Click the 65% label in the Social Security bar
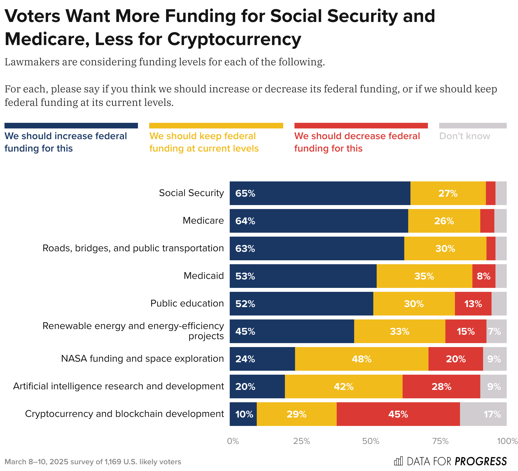pyautogui.click(x=245, y=193)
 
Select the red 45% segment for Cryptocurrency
pyautogui.click(x=398, y=414)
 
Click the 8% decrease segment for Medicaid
pyautogui.click(x=484, y=276)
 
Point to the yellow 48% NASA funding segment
pyautogui.click(x=361, y=359)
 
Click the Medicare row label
pyautogui.click(x=203, y=221)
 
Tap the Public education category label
pyautogui.click(x=187, y=303)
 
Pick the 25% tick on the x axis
pyautogui.click(x=302, y=441)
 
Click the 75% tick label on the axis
pyautogui.click(x=440, y=441)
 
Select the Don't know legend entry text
pyautogui.click(x=465, y=136)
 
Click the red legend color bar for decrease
pyautogui.click(x=361, y=126)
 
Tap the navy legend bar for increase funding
pyautogui.click(x=71, y=126)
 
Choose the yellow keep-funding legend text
pyautogui.click(x=204, y=142)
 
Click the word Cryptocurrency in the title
pyautogui.click(x=234, y=39)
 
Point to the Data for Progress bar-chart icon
pyautogui.click(x=398, y=461)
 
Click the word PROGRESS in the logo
pyautogui.click(x=481, y=461)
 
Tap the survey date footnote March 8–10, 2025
pyautogui.click(x=36, y=462)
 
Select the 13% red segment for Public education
pyautogui.click(x=473, y=304)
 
